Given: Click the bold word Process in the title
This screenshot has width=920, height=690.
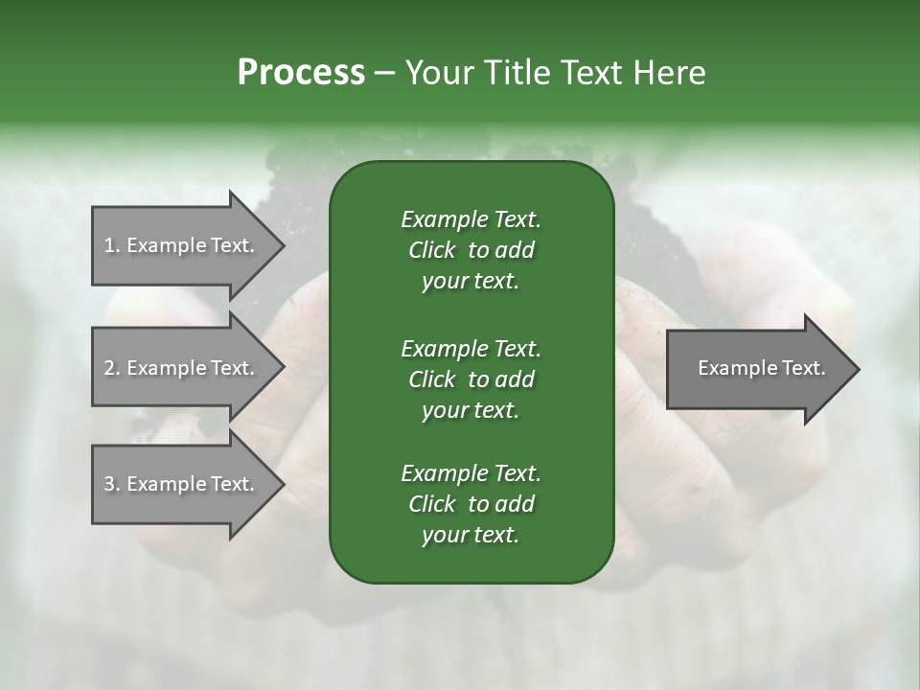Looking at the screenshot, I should click(x=301, y=73).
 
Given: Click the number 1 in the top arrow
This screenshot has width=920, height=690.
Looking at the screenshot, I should click(x=109, y=245).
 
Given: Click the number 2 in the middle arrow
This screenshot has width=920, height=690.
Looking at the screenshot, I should click(x=109, y=368).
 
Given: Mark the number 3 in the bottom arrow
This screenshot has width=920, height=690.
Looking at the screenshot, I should click(x=109, y=484).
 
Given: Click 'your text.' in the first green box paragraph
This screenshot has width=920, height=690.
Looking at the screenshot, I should click(x=471, y=282).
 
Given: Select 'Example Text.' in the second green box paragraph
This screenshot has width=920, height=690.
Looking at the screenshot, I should click(x=471, y=348).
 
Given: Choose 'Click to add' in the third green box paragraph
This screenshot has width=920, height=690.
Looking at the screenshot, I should click(x=471, y=505).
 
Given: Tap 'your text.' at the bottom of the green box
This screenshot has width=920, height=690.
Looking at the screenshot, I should click(x=471, y=536).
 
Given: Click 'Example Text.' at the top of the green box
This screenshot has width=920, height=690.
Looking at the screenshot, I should click(x=471, y=219).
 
